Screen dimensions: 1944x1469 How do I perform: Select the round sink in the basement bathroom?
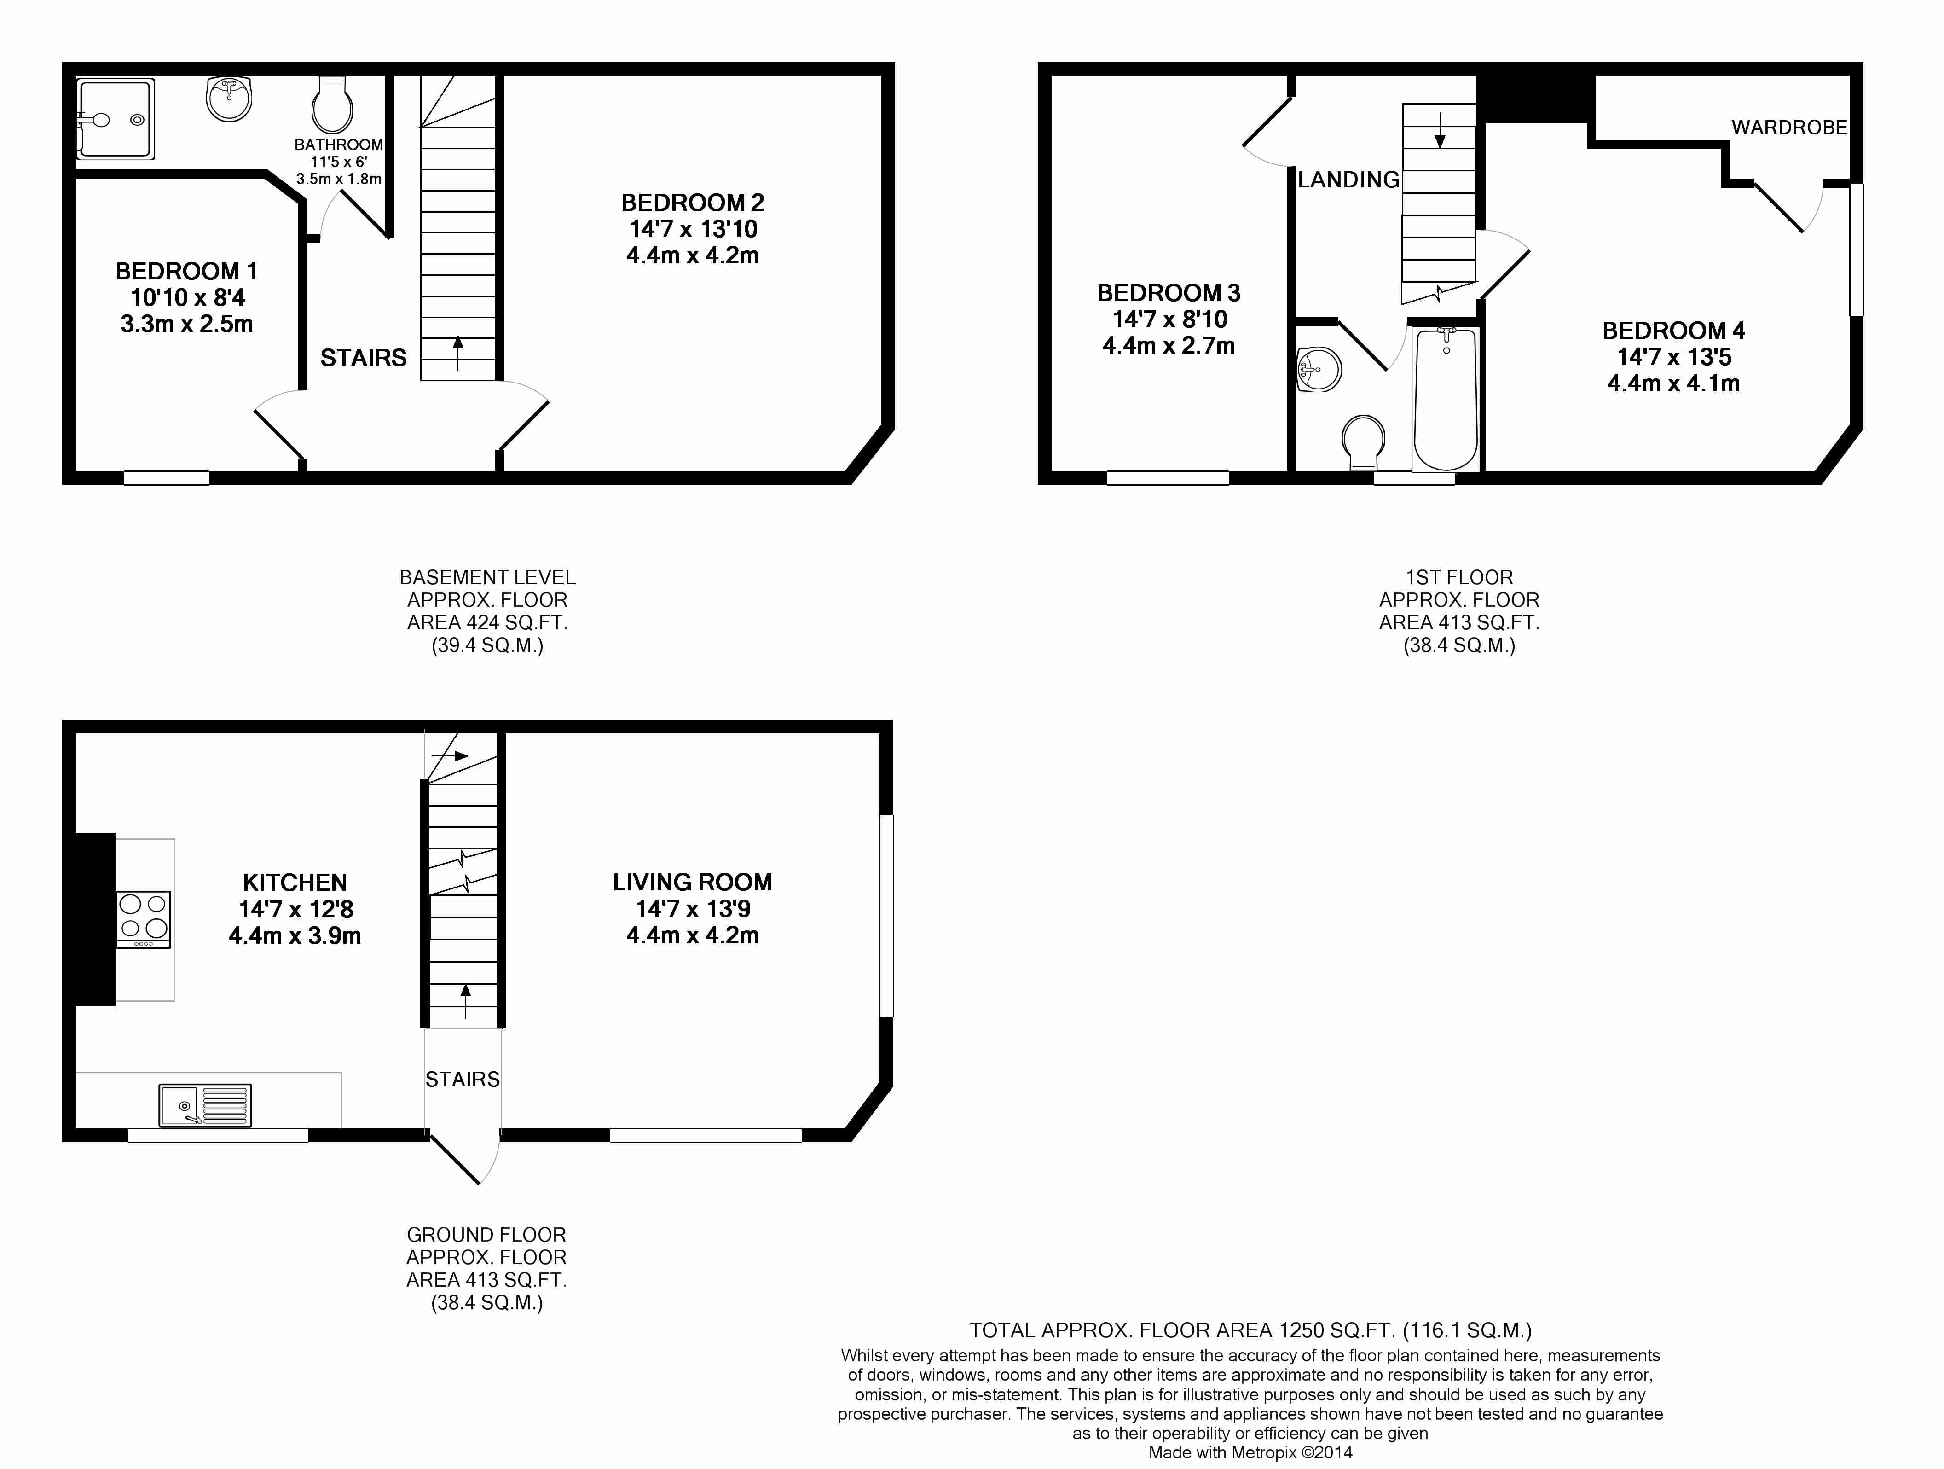coord(228,98)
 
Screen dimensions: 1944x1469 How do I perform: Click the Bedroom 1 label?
coord(186,271)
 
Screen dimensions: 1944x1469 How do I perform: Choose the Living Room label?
coord(693,882)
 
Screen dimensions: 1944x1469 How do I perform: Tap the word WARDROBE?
coord(1789,128)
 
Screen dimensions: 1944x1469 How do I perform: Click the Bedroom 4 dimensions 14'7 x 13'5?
coord(1673,357)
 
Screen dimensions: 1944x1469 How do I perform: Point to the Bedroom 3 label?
coord(1169,293)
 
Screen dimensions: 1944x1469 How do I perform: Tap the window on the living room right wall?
coord(887,915)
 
